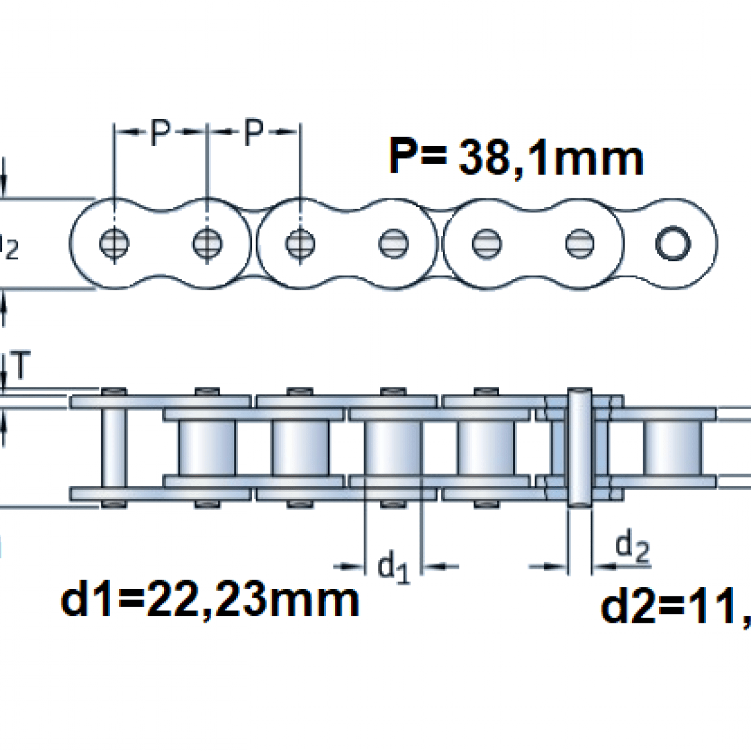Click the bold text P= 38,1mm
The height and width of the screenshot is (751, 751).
[516, 157]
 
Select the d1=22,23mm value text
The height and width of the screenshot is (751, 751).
[210, 600]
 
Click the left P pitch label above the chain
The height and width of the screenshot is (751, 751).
[160, 132]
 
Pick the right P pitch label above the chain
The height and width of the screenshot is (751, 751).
[253, 132]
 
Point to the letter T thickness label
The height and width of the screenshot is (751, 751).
[21, 366]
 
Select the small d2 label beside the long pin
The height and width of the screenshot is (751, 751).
[632, 547]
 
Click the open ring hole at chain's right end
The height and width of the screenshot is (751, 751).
[673, 242]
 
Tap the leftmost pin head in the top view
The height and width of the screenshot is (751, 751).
[114, 242]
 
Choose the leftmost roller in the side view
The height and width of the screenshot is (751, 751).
[207, 447]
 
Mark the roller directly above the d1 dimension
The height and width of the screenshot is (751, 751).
[394, 447]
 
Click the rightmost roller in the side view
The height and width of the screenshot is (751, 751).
[673, 447]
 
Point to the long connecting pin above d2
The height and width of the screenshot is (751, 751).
[579, 447]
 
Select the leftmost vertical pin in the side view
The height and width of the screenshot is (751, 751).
[114, 447]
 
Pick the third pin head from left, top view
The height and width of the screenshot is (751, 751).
[300, 242]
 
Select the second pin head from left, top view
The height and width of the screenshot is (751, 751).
[207, 242]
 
